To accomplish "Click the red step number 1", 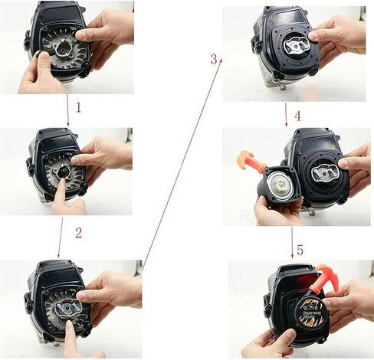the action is click(79, 107).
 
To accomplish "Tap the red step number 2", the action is click(79, 233).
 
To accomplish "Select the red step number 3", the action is click(214, 59).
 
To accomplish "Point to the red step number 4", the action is click(297, 116).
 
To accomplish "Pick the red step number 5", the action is click(300, 250).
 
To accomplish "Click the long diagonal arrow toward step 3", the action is click(182, 164).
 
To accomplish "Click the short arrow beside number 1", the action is click(67, 110).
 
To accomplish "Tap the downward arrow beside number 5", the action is click(292, 243).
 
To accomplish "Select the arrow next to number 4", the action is click(286, 115).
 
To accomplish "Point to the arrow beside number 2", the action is click(61, 238).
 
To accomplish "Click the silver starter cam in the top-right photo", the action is click(297, 46).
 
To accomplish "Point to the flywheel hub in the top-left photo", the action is click(63, 47).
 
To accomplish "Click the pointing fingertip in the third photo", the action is click(70, 326).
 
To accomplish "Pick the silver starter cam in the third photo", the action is click(67, 307).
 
